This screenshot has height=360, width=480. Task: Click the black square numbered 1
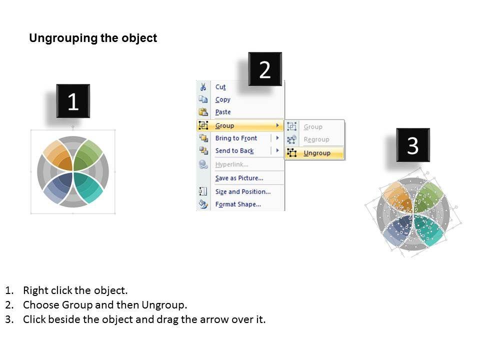click(73, 101)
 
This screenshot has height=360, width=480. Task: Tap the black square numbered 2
click(265, 69)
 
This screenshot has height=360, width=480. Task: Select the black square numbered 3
click(413, 145)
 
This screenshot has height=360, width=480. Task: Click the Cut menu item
click(220, 87)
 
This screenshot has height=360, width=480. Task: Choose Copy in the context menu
click(222, 100)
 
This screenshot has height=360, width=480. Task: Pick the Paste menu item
click(223, 112)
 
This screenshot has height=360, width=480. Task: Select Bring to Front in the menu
click(236, 138)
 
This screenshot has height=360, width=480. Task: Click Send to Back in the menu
click(234, 151)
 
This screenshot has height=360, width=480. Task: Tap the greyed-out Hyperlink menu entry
click(231, 164)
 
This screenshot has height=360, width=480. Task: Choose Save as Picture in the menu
click(239, 178)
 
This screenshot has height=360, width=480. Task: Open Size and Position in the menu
click(243, 191)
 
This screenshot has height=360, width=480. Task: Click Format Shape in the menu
click(238, 204)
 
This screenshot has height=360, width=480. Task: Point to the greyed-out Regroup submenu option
click(316, 139)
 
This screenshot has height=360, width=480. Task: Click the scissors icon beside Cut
click(203, 87)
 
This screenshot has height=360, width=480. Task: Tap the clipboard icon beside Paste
click(203, 112)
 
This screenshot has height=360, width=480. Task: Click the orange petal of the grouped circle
click(59, 156)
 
